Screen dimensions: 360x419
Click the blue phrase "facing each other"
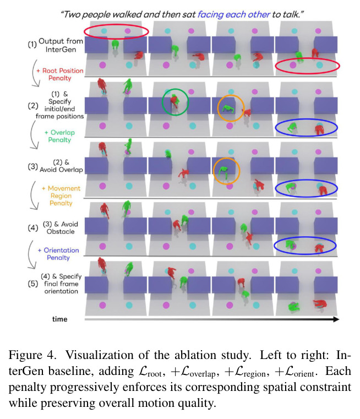[x=234, y=14]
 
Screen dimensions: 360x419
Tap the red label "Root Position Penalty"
[x=60, y=74]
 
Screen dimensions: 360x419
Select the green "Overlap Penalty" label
[x=59, y=136]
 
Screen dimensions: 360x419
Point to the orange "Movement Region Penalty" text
[x=61, y=195]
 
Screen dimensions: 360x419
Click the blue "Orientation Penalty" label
[x=58, y=254]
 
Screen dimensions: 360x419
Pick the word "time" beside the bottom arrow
[x=59, y=319]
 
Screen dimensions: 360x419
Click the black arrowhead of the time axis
[x=336, y=319]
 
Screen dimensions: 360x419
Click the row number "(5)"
[x=33, y=284]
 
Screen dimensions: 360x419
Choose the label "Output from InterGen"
[x=61, y=45]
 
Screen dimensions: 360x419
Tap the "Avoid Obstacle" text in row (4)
[x=61, y=228]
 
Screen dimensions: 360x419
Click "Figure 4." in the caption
[x=32, y=355]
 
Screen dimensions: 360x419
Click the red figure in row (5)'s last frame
[x=320, y=304]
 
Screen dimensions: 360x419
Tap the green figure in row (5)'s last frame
[x=294, y=307]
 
